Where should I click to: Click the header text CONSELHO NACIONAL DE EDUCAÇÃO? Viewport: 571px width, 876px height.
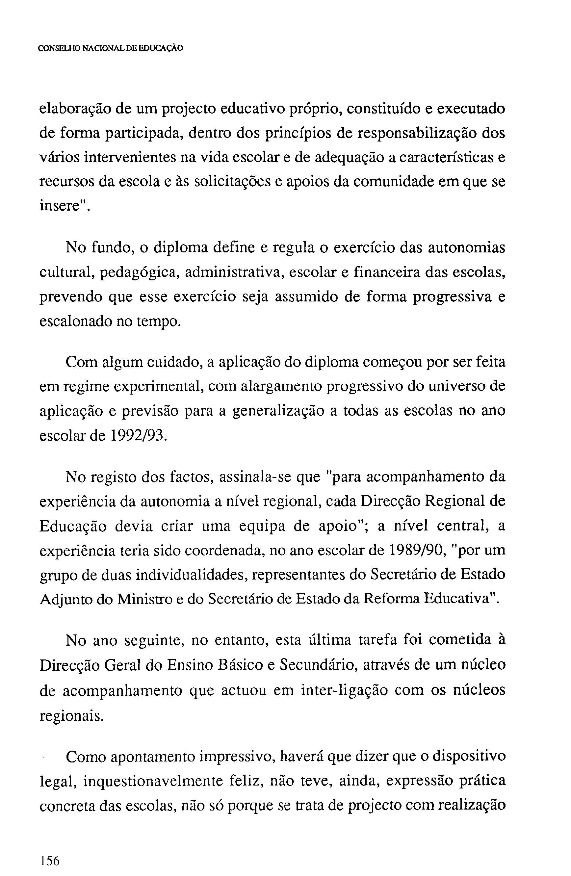111,48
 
